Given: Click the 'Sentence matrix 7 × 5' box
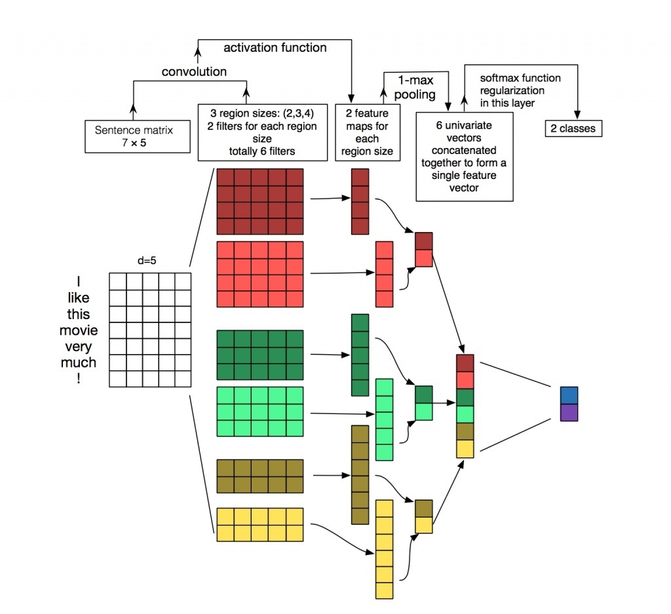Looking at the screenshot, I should pyautogui.click(x=133, y=136).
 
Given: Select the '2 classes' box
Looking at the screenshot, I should pyautogui.click(x=573, y=128).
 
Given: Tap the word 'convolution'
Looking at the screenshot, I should pyautogui.click(x=194, y=71).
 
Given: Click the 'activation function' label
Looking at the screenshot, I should pyautogui.click(x=275, y=47).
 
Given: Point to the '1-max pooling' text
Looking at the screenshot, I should pyautogui.click(x=416, y=86).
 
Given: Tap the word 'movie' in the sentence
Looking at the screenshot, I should pyautogui.click(x=78, y=330).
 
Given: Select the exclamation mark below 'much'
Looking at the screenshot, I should pyautogui.click(x=78, y=378).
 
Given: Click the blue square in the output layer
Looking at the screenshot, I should pyautogui.click(x=569, y=395).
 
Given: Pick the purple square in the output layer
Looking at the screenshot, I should pyautogui.click(x=569, y=412).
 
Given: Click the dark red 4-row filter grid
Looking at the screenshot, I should pyautogui.click(x=260, y=201).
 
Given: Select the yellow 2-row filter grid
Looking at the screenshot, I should pyautogui.click(x=260, y=524).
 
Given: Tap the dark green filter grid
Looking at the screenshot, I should pyautogui.click(x=260, y=355).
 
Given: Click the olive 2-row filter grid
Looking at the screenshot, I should pyautogui.click(x=260, y=476).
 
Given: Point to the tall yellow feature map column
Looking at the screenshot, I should pyautogui.click(x=384, y=548).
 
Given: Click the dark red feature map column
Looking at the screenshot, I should pyautogui.click(x=360, y=201).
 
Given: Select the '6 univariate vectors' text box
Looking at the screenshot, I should pyautogui.click(x=465, y=156).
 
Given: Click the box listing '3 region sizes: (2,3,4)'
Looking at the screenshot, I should pyautogui.click(x=263, y=132).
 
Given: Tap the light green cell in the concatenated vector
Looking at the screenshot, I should pyautogui.click(x=465, y=414).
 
